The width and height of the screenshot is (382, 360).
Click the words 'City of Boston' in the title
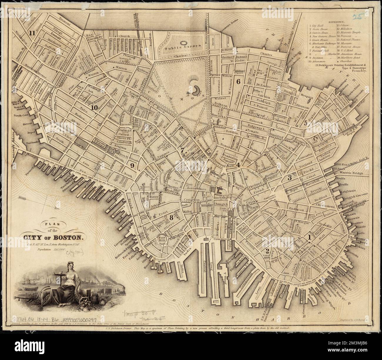52,236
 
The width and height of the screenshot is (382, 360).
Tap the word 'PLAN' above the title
50,223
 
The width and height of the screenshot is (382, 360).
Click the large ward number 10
94,107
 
